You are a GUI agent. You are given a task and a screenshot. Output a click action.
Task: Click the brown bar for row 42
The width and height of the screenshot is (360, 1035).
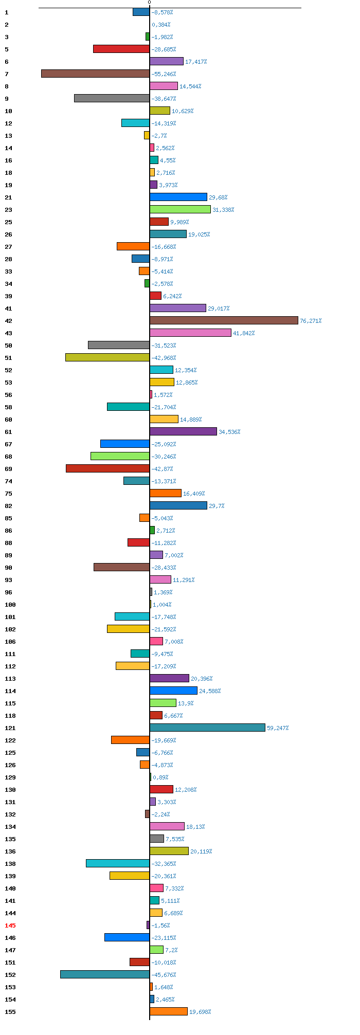[x=224, y=320]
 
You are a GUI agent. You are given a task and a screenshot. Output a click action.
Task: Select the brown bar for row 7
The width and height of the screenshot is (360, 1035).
[x=96, y=74]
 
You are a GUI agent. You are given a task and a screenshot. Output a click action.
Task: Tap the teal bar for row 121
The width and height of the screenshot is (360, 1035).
[x=207, y=728]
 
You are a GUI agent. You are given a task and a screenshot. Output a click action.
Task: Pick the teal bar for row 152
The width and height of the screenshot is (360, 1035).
[x=105, y=974]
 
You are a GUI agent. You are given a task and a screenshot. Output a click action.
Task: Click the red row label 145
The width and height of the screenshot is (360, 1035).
[x=10, y=925]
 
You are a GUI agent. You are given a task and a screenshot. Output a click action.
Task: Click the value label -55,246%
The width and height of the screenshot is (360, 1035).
[x=164, y=74]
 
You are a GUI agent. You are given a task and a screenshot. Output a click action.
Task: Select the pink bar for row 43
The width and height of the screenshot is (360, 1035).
[x=190, y=333]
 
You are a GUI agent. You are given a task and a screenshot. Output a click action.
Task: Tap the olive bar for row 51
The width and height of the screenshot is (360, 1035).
[x=107, y=357]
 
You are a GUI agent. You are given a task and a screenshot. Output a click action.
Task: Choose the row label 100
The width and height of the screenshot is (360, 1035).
[x=10, y=605]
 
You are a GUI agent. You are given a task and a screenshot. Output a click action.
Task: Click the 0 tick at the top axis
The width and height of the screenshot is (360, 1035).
[x=150, y=3]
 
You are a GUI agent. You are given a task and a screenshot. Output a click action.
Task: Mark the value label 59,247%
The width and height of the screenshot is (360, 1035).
[x=278, y=728]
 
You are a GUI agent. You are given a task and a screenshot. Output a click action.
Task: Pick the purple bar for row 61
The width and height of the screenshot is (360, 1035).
[x=183, y=431]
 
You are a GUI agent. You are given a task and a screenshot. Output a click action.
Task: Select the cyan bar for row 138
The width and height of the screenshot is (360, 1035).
[x=118, y=863]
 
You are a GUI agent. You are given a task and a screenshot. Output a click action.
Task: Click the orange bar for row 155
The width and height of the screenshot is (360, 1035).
[x=169, y=1011]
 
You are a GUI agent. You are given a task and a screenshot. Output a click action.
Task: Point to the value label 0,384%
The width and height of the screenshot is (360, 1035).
[x=161, y=25]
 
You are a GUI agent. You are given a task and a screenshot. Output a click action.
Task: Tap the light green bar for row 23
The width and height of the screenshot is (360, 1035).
[x=180, y=209]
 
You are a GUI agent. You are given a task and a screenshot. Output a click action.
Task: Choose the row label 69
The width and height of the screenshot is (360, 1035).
[x=9, y=469]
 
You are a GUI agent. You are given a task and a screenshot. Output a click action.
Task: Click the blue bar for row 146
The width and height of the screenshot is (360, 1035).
[x=127, y=937]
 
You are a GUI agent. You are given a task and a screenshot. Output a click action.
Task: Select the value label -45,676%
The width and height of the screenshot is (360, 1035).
[x=164, y=975]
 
